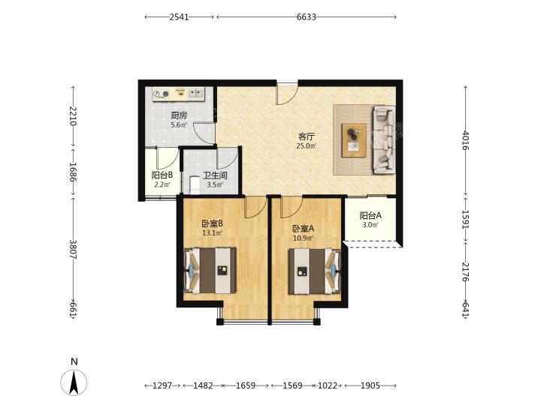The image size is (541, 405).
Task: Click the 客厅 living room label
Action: coord(306,136)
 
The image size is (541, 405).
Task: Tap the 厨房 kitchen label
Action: coord(179,115)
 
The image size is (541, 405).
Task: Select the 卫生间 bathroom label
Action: coord(215,175)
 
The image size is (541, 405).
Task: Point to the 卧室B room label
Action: coord(212,223)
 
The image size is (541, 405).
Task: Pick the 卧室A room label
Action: coord(304,229)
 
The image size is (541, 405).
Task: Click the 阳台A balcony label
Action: coord(370,215)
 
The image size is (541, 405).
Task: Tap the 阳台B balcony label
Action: coord(162,175)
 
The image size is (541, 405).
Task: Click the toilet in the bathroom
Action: coord(195,185)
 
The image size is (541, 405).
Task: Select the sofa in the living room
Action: coord(384,139)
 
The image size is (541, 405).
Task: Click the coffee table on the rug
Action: coord(354,140)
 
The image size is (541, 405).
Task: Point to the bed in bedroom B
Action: coord(210,271)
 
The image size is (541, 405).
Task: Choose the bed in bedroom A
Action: coord(315,271)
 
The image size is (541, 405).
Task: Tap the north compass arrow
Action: coord(74,382)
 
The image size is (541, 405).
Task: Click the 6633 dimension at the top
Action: coord(307,16)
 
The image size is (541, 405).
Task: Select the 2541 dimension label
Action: coord(179,16)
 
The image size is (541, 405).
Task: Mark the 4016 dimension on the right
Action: coord(465,140)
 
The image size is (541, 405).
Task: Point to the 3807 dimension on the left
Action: coord(73,250)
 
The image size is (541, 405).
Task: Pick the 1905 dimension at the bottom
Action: coord(370,385)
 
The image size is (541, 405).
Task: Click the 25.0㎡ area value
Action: coord(306,146)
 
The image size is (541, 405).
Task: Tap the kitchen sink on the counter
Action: coord(196,93)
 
